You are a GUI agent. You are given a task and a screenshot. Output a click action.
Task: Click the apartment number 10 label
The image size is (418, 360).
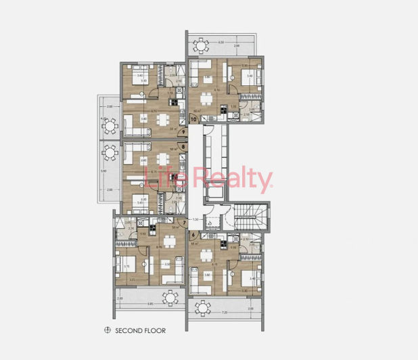(194, 118)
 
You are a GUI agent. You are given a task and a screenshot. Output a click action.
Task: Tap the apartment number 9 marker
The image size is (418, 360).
(184, 132)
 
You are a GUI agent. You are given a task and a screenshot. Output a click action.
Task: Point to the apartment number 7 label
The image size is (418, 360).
(184, 223)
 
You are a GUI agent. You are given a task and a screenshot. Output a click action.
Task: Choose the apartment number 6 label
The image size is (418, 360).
(193, 234)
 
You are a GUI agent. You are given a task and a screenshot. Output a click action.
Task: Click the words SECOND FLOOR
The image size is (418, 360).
(140, 331)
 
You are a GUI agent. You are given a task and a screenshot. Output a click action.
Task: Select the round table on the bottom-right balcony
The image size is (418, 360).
(202, 307)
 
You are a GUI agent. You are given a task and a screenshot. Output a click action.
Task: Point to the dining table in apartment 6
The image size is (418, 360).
(206, 255)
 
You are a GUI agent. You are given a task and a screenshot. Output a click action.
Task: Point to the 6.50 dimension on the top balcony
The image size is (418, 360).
(221, 43)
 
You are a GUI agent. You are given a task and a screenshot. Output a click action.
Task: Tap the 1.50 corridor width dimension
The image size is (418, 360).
(196, 219)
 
